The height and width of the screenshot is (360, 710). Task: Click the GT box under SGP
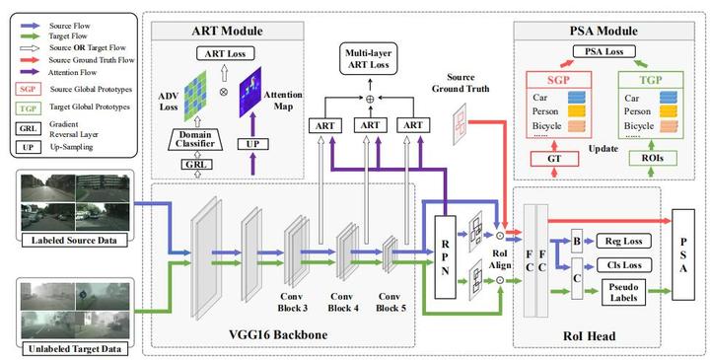tap(553, 158)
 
